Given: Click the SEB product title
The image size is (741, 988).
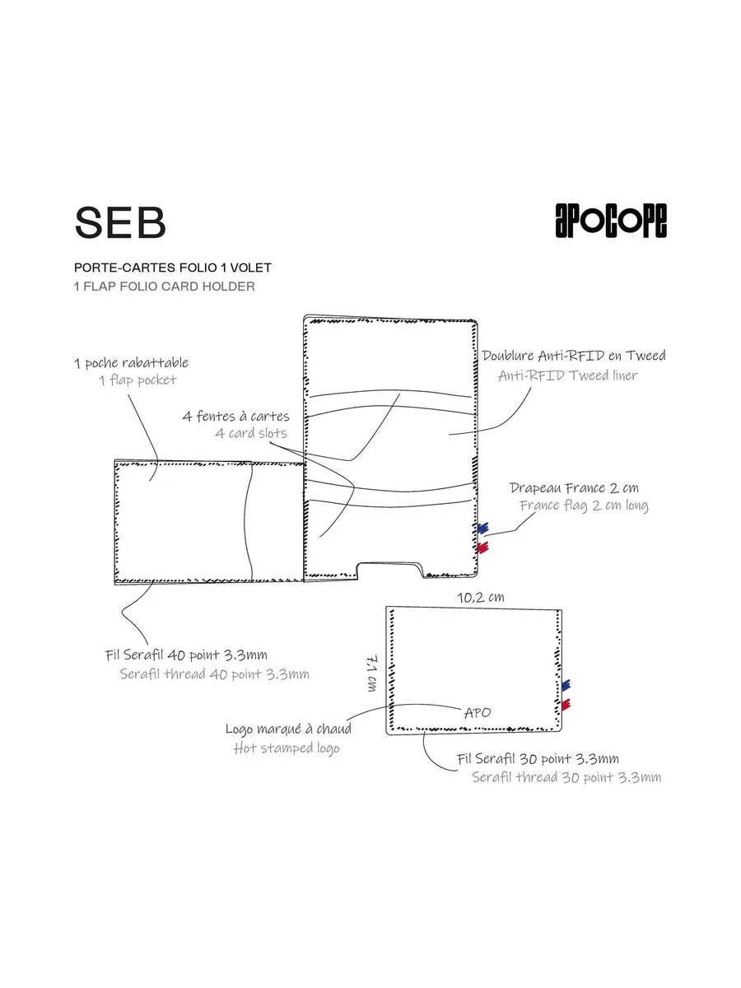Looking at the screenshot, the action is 120,222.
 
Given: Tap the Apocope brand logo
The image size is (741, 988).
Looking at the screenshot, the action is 611,221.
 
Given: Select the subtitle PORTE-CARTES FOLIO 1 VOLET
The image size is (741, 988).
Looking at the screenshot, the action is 173,268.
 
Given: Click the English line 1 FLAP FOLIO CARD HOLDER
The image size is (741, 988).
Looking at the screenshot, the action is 165,287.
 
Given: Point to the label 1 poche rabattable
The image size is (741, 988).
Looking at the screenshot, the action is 132,363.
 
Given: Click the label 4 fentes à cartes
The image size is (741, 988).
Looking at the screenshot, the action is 235,416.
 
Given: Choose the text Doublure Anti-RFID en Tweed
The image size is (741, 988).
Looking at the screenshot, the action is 574,356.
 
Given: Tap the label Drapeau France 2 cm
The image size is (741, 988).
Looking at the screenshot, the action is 574,488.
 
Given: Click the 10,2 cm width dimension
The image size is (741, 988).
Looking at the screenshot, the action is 481,597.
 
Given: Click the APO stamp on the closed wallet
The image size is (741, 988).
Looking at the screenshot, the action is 478,712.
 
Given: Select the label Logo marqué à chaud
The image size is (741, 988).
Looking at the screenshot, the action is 288,729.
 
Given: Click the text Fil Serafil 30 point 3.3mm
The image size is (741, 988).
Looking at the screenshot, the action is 538,759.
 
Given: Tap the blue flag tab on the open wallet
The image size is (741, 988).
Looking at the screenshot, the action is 482,528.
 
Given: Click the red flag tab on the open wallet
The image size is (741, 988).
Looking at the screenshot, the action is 482,548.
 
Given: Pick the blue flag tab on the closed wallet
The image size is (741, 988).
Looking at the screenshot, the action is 566,685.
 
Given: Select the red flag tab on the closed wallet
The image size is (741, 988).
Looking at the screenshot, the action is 566,705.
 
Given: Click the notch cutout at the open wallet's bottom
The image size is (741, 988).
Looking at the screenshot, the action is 390,570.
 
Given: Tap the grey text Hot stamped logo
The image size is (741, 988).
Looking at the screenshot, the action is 287,748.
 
